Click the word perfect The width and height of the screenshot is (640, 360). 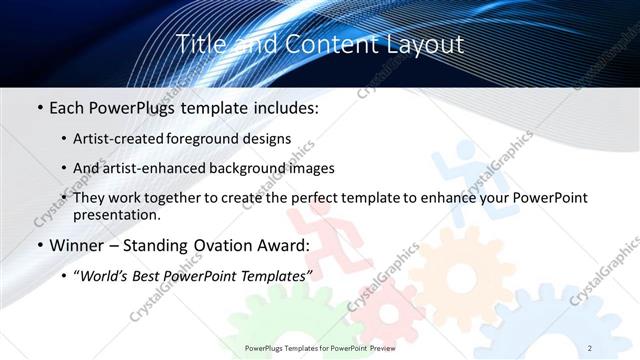pos(314,198)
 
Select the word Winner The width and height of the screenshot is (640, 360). pos(78,245)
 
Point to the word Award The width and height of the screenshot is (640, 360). pos(283,245)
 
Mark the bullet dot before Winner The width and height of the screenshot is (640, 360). pos(39,246)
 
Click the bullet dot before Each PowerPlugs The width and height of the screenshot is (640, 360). pos(39,106)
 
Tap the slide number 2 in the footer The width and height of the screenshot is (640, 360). pos(590,348)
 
